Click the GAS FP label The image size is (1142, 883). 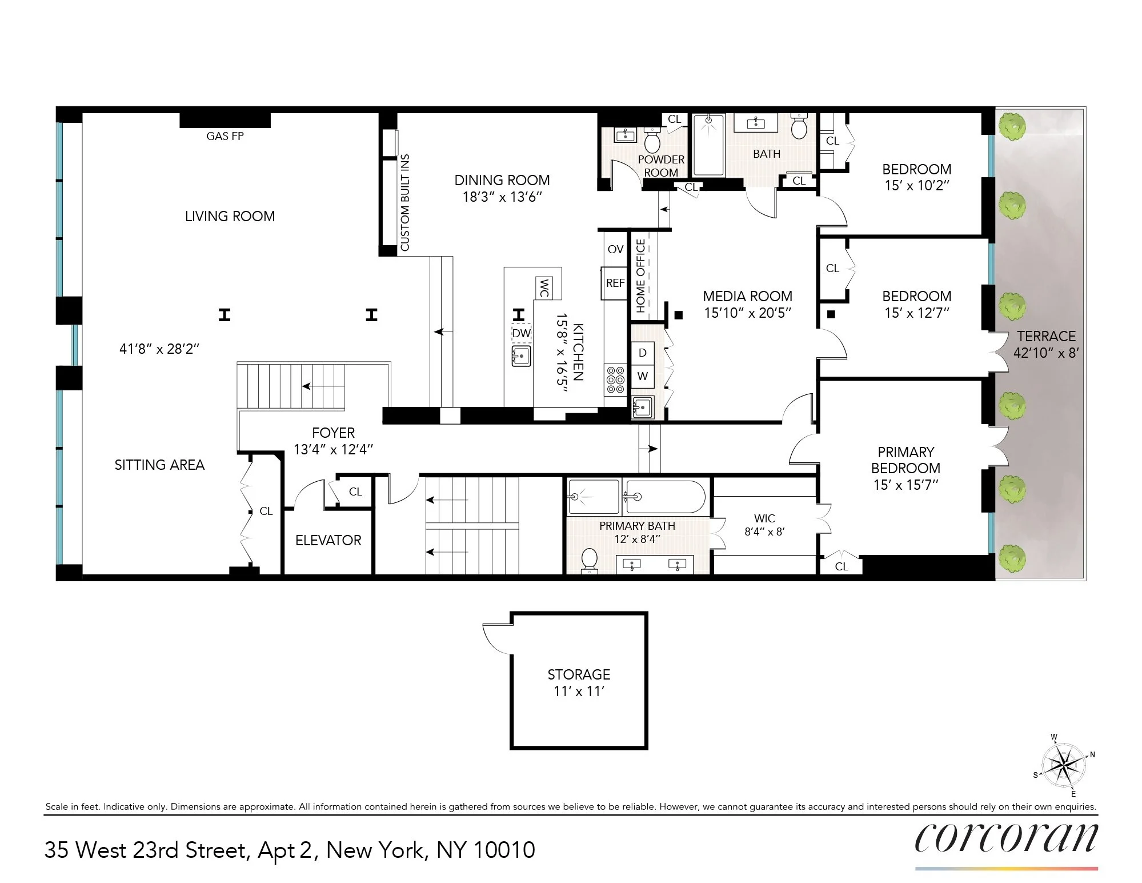point(225,136)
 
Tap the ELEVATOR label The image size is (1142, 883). point(328,540)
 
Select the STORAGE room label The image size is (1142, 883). point(579,674)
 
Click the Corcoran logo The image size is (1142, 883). point(1006,838)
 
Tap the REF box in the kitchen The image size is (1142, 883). point(615,283)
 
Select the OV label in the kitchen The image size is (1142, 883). point(615,249)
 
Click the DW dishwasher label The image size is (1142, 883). point(521,333)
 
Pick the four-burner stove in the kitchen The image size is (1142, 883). point(615,380)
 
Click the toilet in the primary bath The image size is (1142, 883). point(589,560)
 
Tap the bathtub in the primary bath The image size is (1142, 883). point(664,497)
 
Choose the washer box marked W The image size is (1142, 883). point(643,376)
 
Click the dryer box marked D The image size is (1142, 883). point(643,353)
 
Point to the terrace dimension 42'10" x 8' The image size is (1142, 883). point(1045,353)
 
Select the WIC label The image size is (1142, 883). point(764,518)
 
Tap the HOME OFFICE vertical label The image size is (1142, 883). point(640,275)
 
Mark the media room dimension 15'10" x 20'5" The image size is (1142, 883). point(747,313)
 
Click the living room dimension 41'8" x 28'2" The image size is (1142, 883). point(159,349)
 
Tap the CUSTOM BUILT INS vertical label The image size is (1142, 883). point(405,202)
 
